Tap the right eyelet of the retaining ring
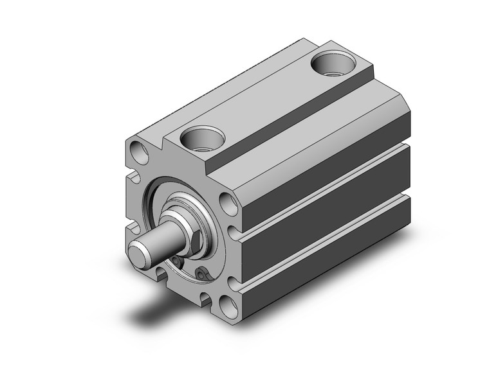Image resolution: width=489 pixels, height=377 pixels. (203, 274)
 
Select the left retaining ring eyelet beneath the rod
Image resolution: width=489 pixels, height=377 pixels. (176, 261)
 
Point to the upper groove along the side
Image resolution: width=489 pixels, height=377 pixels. (322, 186)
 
